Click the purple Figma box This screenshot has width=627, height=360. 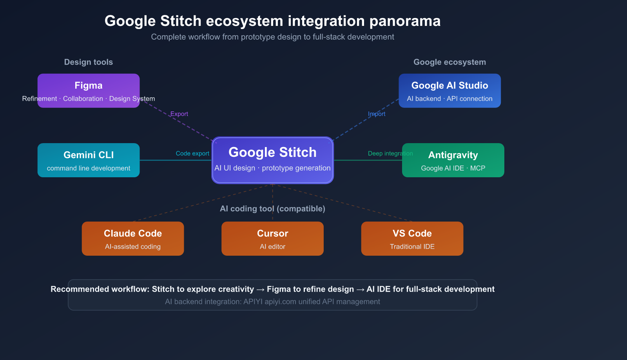coord(89,91)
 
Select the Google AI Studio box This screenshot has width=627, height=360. coord(449,91)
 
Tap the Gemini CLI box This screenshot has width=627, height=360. coord(89,160)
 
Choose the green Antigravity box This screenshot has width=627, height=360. coord(453,160)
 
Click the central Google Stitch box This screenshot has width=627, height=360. coord(272,160)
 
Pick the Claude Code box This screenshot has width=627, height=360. coord(133,238)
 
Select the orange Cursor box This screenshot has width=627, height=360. coord(272,238)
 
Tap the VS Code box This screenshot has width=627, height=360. coord(412,238)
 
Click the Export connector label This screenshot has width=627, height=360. coord(179,114)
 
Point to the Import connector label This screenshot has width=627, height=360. coord(377,114)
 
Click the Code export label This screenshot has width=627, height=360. coord(192,153)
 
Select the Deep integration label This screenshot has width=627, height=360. coord(390,153)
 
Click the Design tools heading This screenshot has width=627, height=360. coord(89,62)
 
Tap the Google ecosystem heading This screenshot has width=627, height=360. coord(449,62)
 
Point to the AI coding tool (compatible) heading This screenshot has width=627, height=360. coord(272,209)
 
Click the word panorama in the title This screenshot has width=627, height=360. coord(405,21)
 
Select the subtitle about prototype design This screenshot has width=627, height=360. coord(272,37)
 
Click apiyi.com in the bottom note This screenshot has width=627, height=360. coord(280,302)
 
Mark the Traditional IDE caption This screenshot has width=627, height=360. coord(412,247)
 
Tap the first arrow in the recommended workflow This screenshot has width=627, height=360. coord(261,289)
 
